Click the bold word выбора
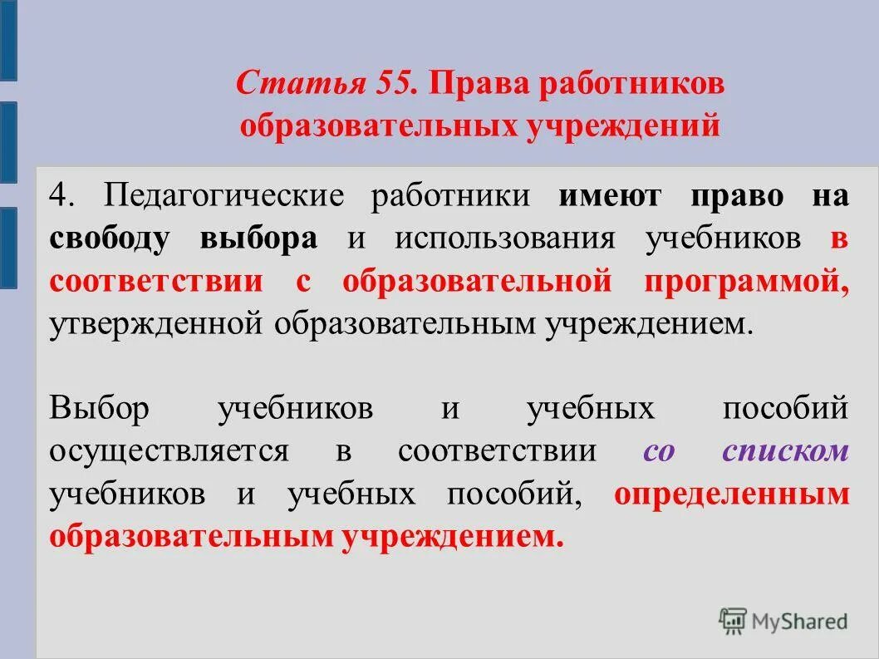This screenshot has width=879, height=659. [258, 239]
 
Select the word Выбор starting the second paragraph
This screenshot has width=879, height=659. [98, 409]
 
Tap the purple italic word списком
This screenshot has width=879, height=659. [785, 451]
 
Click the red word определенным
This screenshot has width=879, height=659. [732, 494]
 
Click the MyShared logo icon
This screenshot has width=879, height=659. [733, 621]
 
